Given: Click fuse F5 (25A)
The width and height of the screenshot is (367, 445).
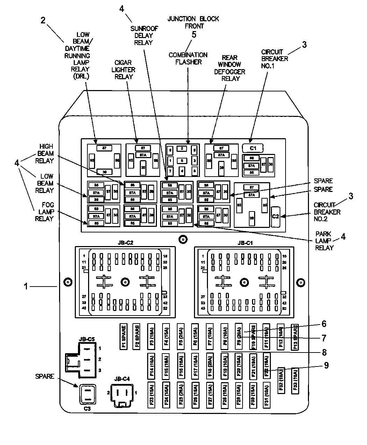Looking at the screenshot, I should [x=181, y=336].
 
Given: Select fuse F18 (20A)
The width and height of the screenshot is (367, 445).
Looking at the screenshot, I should [x=209, y=365].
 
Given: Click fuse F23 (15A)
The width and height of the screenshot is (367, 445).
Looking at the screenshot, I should [x=151, y=395].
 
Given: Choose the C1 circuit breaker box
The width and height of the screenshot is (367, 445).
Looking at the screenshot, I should [x=253, y=148].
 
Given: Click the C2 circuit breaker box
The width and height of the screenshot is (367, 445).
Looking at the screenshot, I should [x=275, y=216].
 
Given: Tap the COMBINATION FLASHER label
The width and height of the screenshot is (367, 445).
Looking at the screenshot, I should [x=188, y=58].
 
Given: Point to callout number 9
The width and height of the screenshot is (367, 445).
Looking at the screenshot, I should [x=326, y=365].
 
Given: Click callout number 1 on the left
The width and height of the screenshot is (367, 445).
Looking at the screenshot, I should [x=26, y=286].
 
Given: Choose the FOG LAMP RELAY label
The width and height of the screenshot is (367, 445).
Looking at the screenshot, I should [x=44, y=212].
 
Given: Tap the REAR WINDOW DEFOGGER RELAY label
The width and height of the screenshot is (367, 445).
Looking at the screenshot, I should [x=230, y=68].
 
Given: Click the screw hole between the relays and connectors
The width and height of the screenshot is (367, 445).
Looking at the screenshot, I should [x=182, y=239].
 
